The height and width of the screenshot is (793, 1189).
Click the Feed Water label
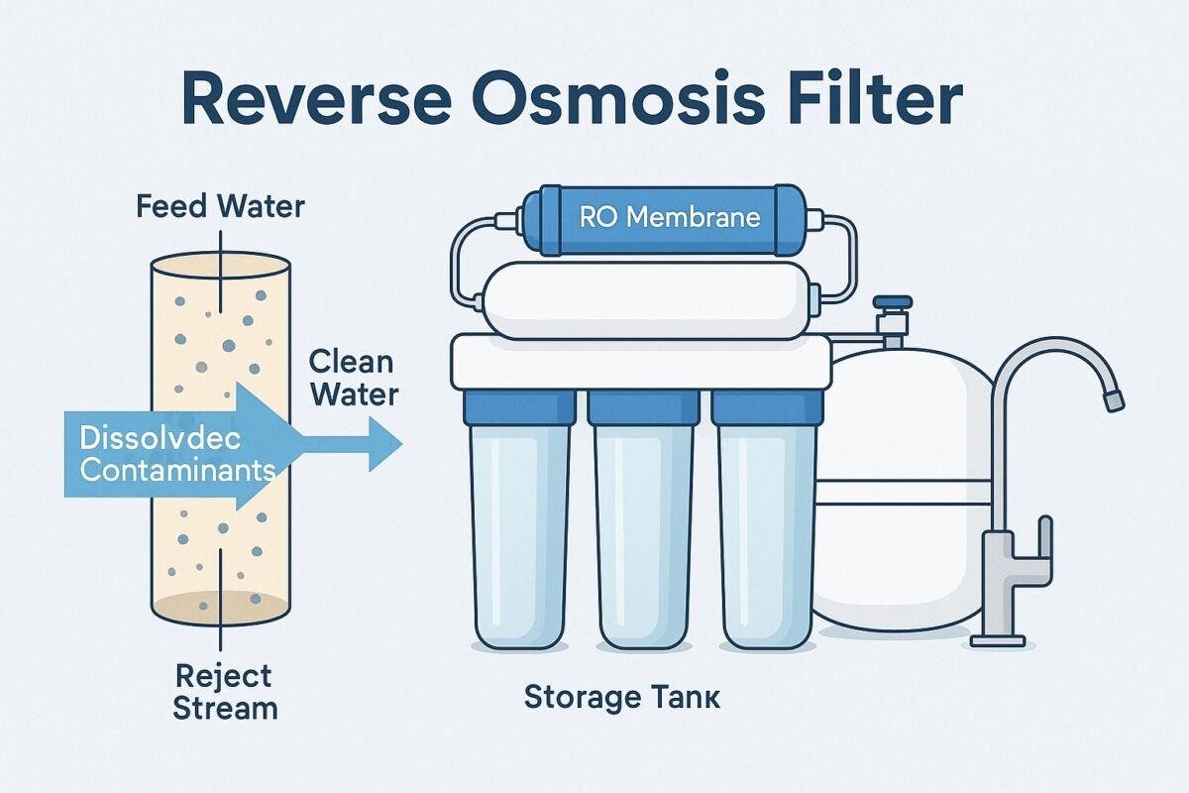coord(221,207)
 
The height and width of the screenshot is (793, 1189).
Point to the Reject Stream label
coord(225,693)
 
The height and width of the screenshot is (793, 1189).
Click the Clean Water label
coord(354,377)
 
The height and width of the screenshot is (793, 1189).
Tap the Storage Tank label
coord(622,697)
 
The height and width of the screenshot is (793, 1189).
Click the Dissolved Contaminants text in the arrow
coord(176,452)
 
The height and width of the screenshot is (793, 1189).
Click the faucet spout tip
coord(1114,400)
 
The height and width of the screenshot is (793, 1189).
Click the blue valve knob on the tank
coord(893,302)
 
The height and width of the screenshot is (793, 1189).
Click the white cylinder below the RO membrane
coord(644,299)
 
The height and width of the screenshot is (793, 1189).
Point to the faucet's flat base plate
coord(997,641)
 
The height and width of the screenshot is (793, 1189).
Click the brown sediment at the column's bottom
coord(220,604)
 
